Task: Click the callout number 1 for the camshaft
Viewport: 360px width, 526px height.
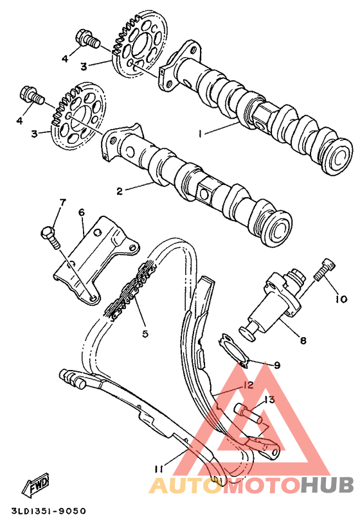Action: tap(201, 133)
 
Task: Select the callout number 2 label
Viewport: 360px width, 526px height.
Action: tap(119, 191)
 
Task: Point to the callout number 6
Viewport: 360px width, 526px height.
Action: tap(82, 212)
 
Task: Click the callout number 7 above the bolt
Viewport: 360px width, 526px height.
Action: tap(62, 203)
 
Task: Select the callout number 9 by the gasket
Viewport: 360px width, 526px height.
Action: tap(277, 365)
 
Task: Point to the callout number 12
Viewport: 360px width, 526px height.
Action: tap(248, 385)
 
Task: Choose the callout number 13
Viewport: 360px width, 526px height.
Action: tap(269, 399)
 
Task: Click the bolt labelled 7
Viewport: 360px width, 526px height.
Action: tap(50, 237)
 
